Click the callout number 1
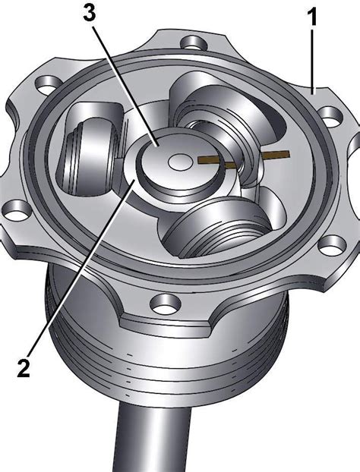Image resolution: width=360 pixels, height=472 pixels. point(312,17)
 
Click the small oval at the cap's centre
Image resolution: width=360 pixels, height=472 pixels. point(181,162)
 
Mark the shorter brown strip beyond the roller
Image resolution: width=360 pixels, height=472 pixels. point(276,155)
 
